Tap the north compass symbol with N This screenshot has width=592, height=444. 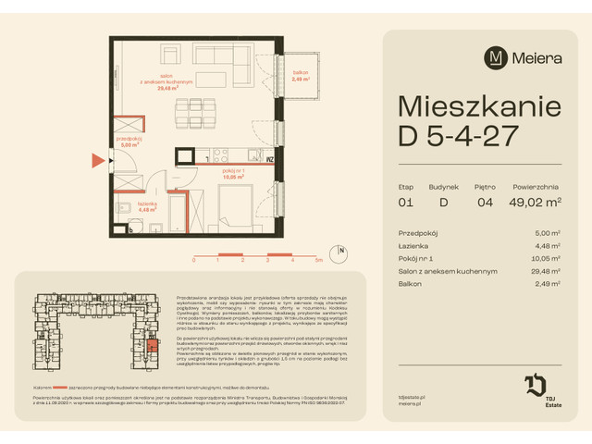coord(341,251)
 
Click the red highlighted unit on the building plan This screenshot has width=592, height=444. coord(153,347)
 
